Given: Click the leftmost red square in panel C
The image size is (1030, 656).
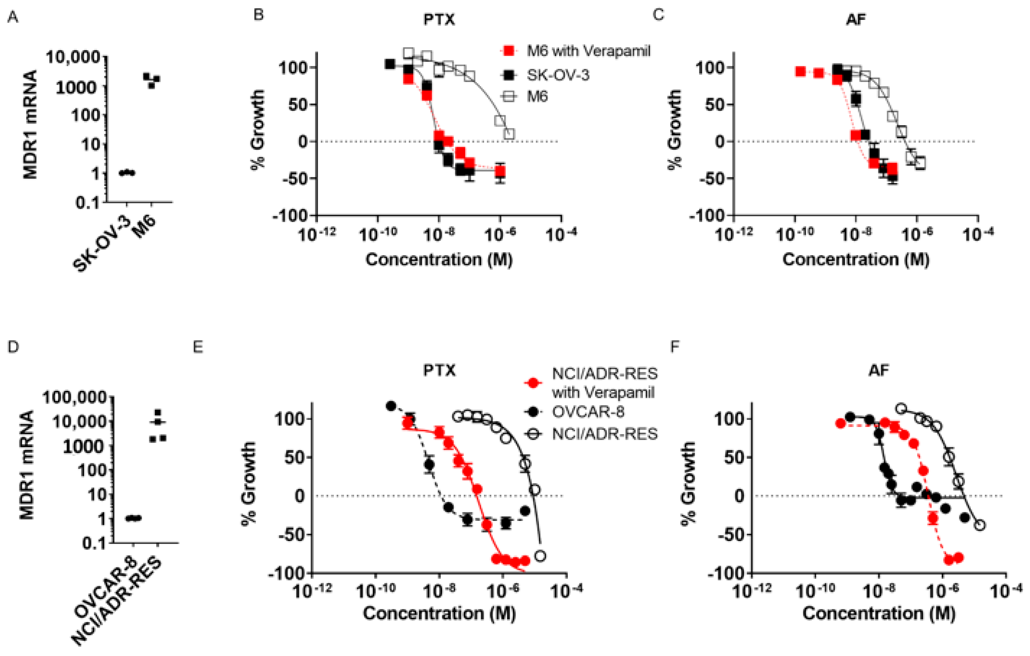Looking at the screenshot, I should point(801,71).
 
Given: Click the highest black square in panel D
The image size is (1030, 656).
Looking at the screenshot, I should point(158,412).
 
